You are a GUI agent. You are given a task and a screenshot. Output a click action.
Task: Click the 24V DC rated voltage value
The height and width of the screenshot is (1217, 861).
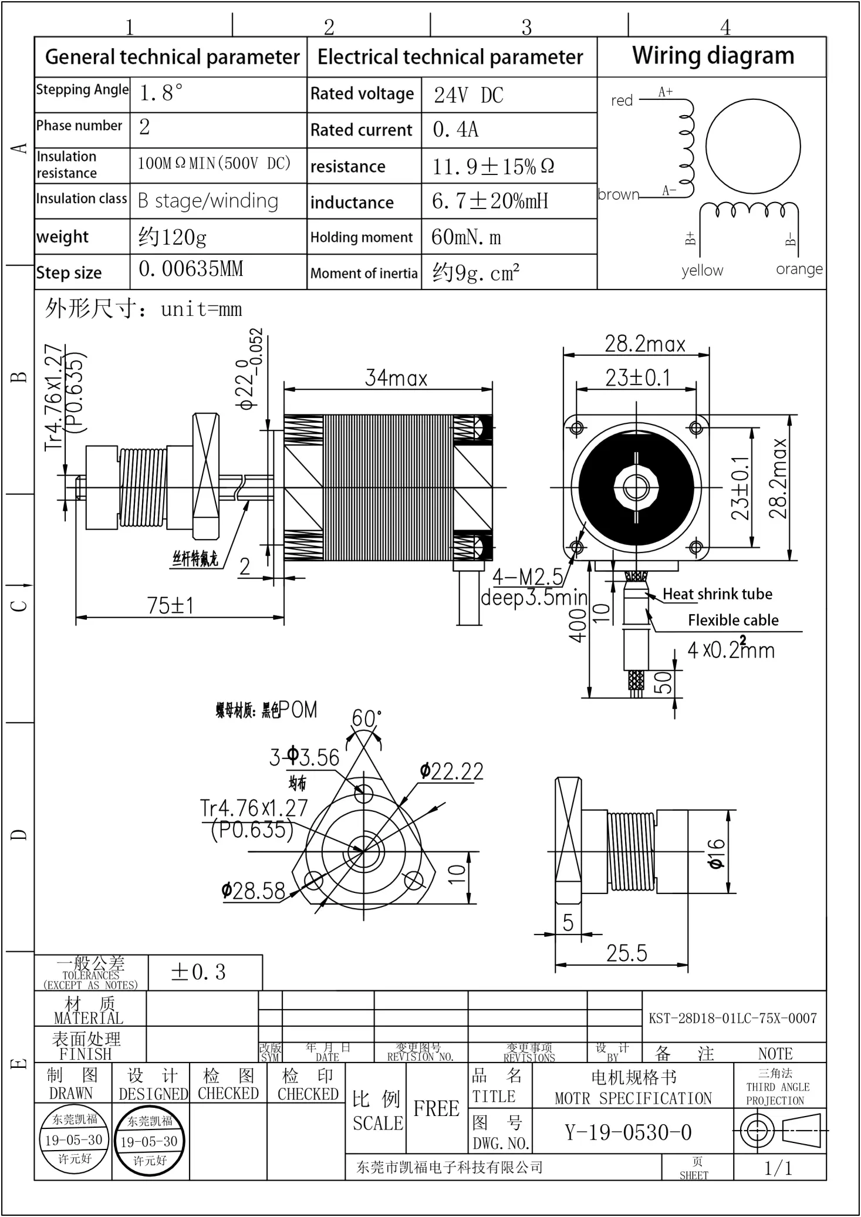468,95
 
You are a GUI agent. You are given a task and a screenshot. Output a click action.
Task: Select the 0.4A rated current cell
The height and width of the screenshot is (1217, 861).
455,130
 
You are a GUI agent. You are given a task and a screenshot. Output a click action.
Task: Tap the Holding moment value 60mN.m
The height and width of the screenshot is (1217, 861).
466,237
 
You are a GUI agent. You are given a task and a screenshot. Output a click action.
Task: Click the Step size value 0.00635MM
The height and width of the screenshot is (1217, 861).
191,269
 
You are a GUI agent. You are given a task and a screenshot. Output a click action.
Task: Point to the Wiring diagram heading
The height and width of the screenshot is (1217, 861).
713,56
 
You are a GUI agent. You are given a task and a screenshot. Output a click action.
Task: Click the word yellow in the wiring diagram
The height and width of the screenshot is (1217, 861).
702,271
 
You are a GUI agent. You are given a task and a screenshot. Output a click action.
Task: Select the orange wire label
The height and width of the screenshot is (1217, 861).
799,269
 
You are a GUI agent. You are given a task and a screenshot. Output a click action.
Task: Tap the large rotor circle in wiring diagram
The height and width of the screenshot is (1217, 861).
752,146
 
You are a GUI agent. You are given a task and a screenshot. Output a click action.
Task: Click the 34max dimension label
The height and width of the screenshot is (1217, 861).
396,378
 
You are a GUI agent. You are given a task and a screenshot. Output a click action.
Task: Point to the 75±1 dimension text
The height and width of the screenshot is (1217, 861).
170,606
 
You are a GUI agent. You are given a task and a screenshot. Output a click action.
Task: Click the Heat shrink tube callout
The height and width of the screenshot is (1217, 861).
717,594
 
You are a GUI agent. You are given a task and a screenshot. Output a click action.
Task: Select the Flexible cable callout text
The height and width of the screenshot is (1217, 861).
733,621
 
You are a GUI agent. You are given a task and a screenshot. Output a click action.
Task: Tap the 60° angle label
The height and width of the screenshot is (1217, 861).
366,718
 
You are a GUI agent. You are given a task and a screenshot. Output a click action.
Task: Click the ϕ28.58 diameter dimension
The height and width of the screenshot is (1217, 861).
254,891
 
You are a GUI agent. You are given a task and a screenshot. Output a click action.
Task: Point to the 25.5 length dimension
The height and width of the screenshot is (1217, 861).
626,953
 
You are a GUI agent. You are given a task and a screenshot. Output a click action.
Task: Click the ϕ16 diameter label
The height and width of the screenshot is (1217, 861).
716,853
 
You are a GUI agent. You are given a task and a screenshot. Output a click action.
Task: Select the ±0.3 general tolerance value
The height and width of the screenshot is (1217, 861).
198,972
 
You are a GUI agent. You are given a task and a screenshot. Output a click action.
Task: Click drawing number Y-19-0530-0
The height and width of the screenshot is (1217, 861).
628,1132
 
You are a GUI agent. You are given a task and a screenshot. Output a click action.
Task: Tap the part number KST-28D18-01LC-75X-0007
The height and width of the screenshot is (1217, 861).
732,1019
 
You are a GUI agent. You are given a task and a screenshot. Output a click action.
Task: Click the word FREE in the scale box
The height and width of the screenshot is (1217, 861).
436,1108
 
